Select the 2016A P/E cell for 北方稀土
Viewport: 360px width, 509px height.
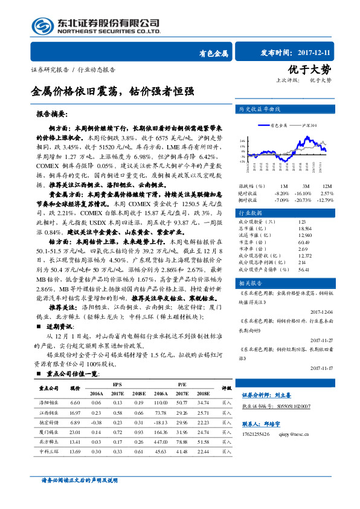coord(161,441)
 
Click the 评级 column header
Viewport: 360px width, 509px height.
coord(226,387)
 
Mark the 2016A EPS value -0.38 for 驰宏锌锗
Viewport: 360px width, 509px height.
coord(97,422)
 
